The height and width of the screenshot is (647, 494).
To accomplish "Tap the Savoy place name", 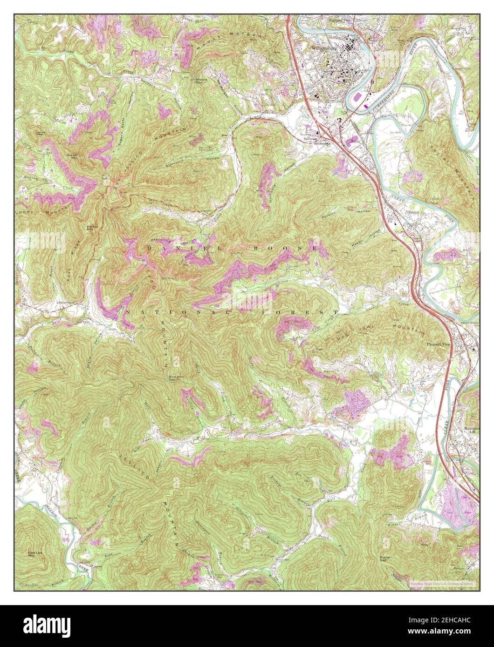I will (x=357, y=139).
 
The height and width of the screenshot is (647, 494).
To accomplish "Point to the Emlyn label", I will (x=414, y=213).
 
